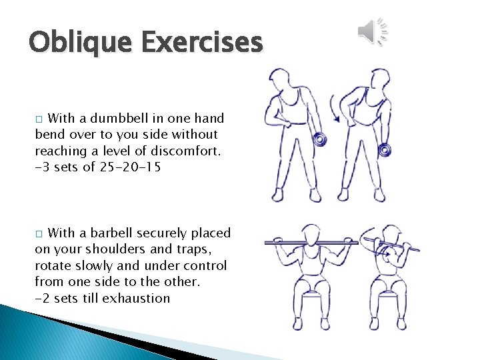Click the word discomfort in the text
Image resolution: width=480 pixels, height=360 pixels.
183,151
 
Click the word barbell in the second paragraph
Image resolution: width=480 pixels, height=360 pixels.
107,233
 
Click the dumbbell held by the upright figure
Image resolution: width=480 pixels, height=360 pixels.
319,140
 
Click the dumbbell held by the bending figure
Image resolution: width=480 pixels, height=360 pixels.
384,151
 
